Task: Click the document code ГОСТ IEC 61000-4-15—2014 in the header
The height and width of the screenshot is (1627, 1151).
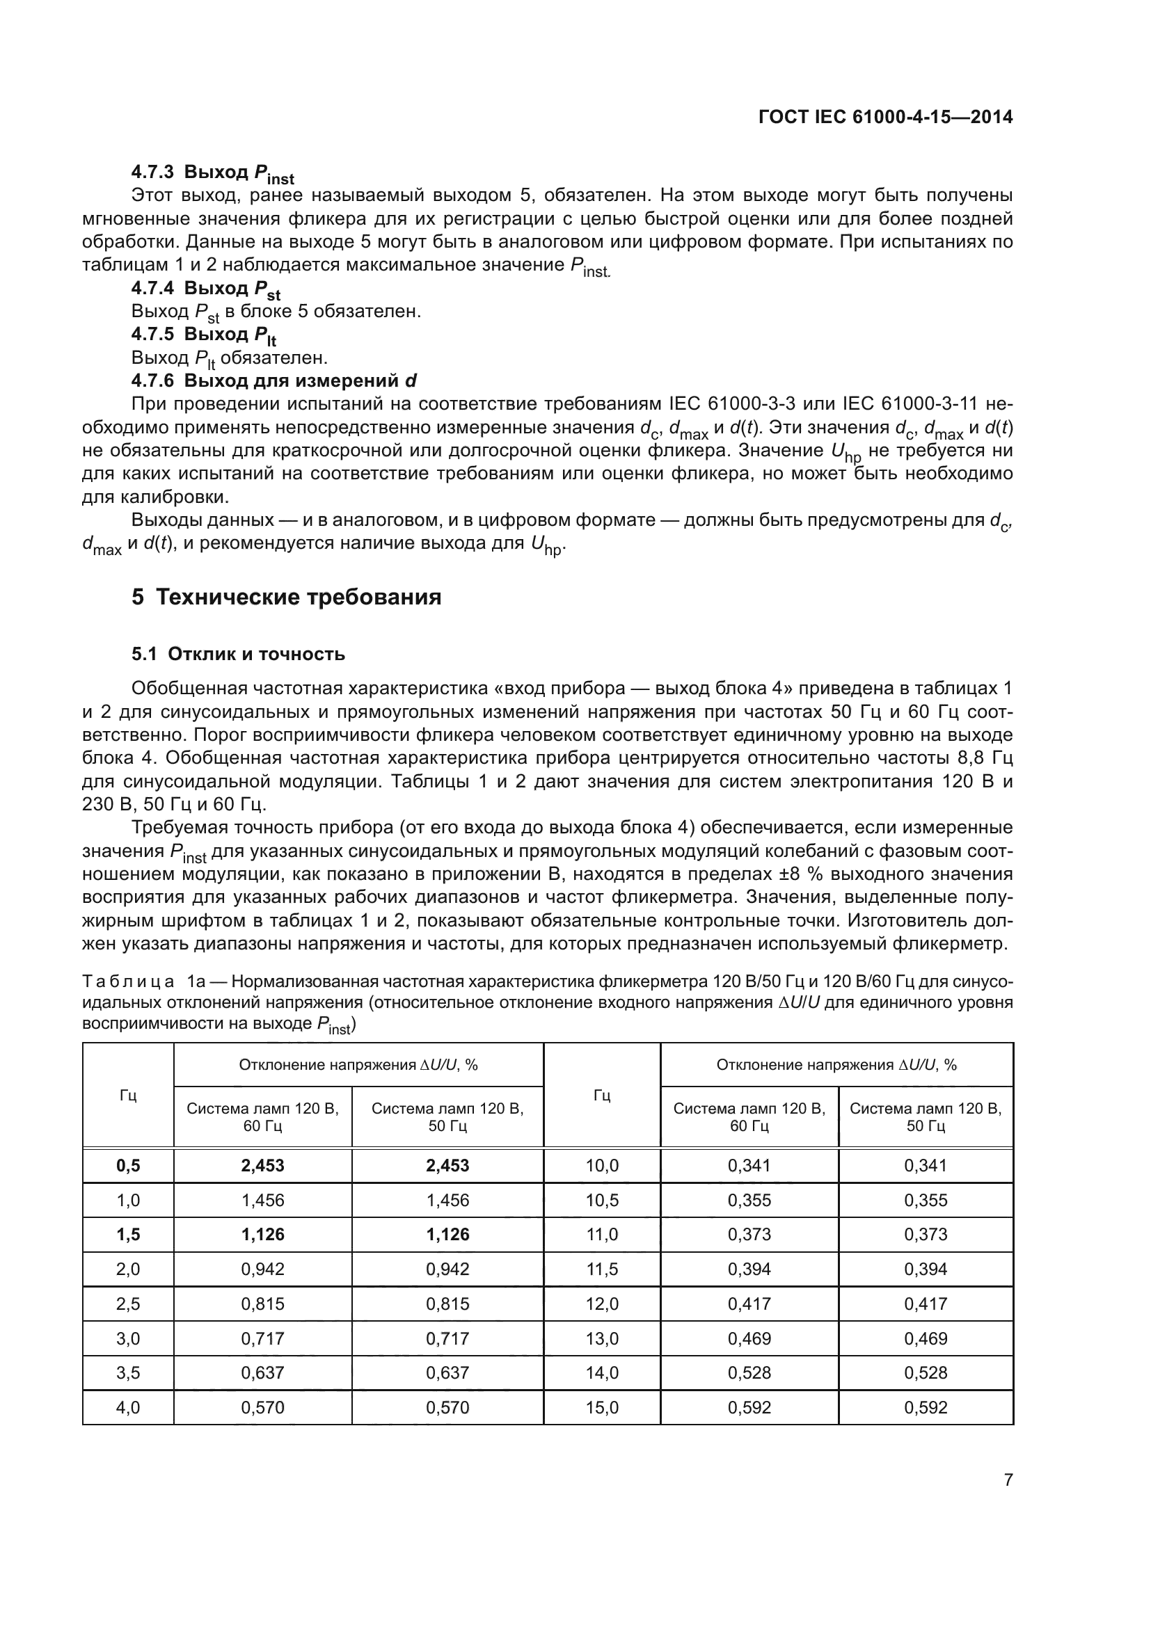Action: (885, 117)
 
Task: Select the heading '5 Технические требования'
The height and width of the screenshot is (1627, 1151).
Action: (286, 598)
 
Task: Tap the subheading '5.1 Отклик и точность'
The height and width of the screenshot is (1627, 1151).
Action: (238, 654)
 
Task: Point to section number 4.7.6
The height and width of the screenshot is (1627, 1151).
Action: (152, 380)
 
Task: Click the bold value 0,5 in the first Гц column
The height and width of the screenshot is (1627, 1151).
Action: (128, 1166)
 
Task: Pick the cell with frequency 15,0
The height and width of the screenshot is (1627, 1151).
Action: (602, 1407)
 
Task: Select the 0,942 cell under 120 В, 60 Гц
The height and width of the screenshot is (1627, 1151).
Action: (262, 1269)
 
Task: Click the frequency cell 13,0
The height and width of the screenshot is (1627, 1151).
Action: (602, 1338)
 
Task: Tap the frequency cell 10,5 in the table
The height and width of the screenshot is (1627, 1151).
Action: (602, 1201)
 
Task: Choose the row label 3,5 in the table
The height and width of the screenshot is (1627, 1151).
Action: (128, 1372)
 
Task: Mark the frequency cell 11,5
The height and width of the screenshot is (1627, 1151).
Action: (602, 1269)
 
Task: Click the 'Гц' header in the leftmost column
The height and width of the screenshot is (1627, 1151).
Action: (128, 1096)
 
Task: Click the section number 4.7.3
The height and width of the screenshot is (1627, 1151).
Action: (152, 173)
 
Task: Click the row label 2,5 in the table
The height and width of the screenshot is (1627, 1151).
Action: (128, 1304)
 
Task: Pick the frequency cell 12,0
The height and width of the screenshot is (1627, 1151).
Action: (602, 1304)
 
